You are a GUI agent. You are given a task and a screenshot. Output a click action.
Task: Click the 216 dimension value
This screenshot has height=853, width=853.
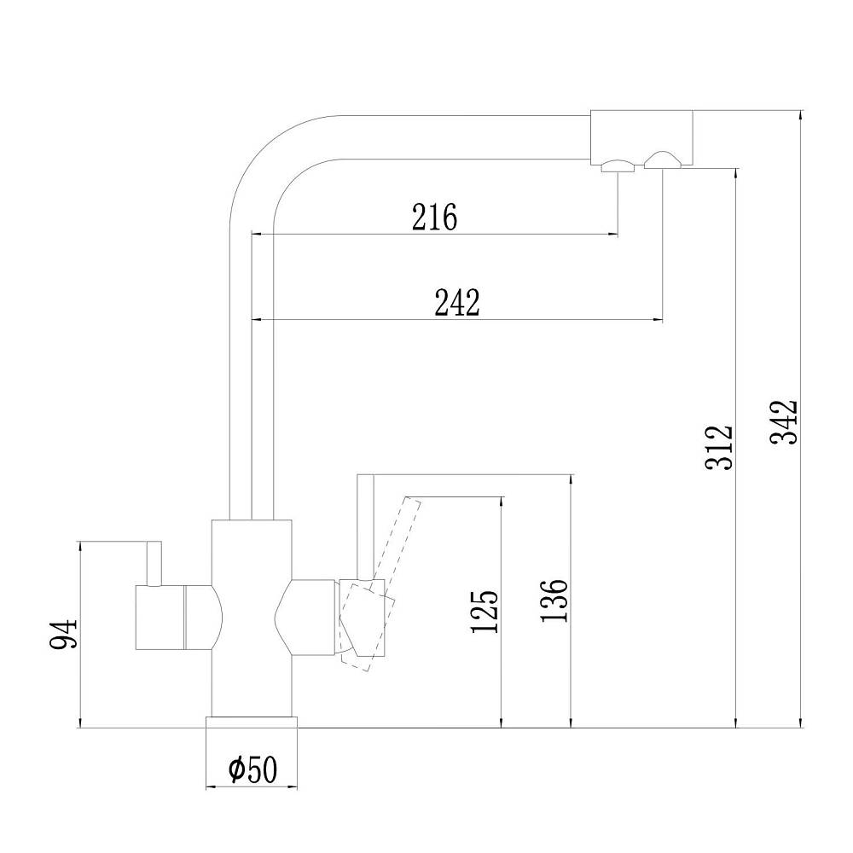point(434,217)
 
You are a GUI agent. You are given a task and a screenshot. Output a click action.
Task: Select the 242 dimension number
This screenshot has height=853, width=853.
point(457,303)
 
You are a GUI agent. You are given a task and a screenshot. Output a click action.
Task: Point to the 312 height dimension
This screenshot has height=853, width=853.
point(719,447)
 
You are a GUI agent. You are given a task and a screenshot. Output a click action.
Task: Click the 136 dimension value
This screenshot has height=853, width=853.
point(554,600)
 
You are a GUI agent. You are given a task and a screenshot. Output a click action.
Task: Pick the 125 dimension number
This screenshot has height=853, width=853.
point(485,611)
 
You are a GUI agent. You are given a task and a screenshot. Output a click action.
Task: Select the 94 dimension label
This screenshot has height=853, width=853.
point(64,635)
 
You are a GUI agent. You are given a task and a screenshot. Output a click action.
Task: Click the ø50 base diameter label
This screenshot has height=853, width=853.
point(253,769)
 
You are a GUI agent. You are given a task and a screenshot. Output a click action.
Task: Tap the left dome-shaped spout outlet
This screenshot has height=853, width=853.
point(618,166)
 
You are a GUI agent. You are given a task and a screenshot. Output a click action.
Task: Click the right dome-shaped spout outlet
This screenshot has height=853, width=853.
point(662,160)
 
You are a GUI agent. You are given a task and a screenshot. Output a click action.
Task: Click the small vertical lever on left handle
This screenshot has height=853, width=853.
point(154,564)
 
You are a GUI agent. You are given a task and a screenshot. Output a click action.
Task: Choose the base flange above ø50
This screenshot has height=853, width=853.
point(252,722)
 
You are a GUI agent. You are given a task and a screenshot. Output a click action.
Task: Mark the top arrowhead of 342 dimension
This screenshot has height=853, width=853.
point(800,115)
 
